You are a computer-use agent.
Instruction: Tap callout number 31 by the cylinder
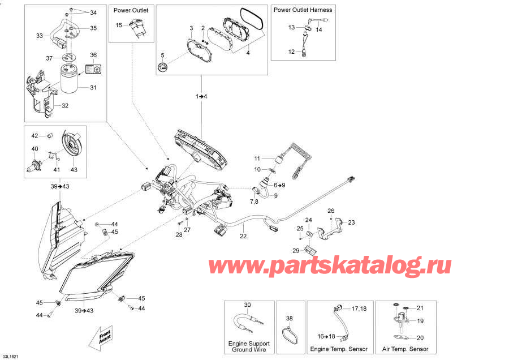(93, 87)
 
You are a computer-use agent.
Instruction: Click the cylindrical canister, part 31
(71, 79)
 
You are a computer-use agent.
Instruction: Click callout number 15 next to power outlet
(119, 25)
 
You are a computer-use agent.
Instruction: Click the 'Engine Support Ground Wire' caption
(249, 346)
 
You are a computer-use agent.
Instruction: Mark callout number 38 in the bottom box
(290, 319)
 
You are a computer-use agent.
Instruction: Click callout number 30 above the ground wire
(247, 305)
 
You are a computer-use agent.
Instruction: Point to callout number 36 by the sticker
(93, 55)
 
